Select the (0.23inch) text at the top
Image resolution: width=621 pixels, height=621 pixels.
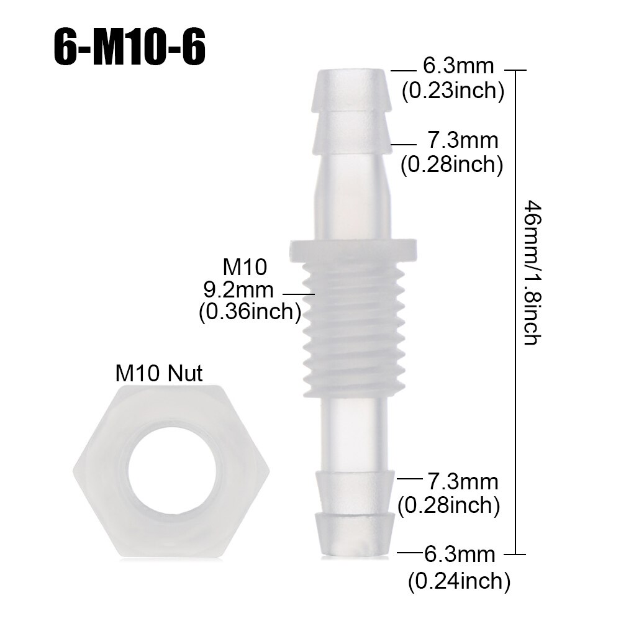(452, 91)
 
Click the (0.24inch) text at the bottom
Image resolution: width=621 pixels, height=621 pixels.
(459, 581)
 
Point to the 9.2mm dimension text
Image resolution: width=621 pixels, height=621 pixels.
(238, 289)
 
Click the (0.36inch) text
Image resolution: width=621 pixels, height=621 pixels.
(250, 312)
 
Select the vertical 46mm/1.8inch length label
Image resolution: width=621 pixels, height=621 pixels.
(533, 273)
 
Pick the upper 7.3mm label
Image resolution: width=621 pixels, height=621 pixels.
(463, 141)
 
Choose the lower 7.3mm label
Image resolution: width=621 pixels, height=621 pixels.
(463, 481)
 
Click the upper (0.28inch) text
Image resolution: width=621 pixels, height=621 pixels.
(451, 165)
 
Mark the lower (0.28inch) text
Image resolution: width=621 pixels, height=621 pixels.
(449, 505)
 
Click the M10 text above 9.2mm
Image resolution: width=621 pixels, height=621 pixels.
(245, 267)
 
